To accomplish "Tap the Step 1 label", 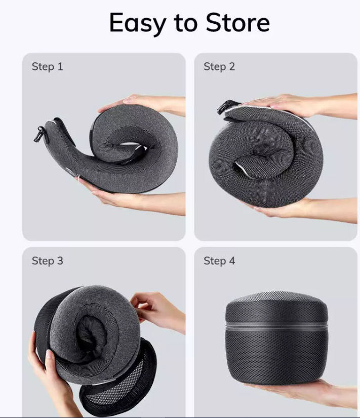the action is point(48,67).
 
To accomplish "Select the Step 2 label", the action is point(219,67).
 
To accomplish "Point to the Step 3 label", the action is point(48,261).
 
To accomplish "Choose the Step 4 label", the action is point(219,261).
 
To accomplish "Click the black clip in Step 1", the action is point(40,134).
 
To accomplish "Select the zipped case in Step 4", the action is point(276,338).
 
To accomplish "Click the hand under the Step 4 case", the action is point(306,395).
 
